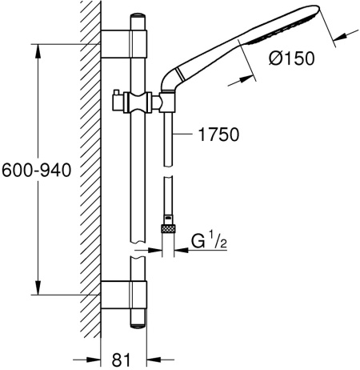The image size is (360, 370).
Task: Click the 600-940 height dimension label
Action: (x=37, y=171)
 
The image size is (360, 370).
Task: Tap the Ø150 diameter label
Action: (x=292, y=58)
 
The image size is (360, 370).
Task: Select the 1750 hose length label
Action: (x=218, y=135)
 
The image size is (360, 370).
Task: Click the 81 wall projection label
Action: (x=122, y=360)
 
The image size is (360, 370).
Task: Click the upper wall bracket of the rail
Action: (x=124, y=44)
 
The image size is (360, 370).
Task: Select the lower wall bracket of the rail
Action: (x=124, y=295)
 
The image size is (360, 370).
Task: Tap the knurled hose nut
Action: (x=168, y=228)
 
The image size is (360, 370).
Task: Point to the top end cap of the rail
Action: (x=138, y=22)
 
